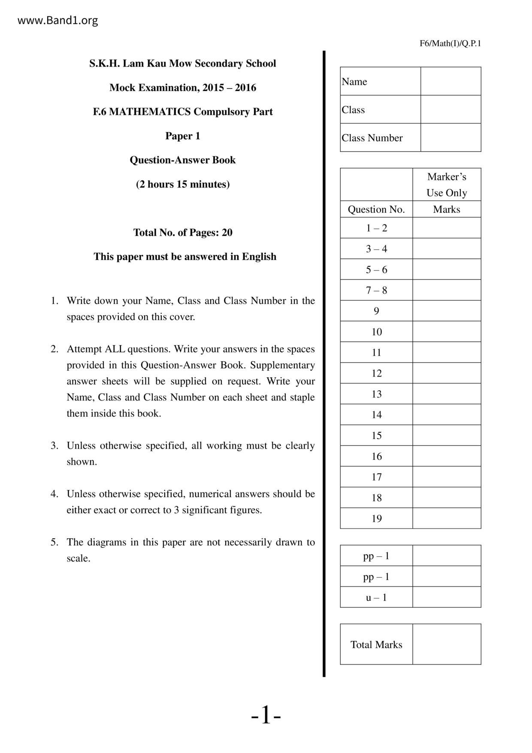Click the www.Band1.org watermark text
point(57,20)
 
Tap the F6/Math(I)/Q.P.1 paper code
point(450,43)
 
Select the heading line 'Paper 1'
point(183,136)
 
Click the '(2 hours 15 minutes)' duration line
point(183,184)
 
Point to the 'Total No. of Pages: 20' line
point(183,233)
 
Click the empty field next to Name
point(450,81)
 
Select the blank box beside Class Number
point(450,138)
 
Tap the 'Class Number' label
point(372,138)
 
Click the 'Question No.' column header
point(376,210)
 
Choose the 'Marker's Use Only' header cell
point(447,185)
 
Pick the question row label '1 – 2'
point(376,228)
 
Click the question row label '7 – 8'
point(376,290)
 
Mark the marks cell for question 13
point(447,394)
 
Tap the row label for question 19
point(376,519)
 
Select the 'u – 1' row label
point(376,597)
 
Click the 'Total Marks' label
point(376,644)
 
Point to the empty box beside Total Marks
point(447,644)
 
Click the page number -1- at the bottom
point(266,716)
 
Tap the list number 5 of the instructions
point(54,542)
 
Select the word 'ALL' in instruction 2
point(115,349)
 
